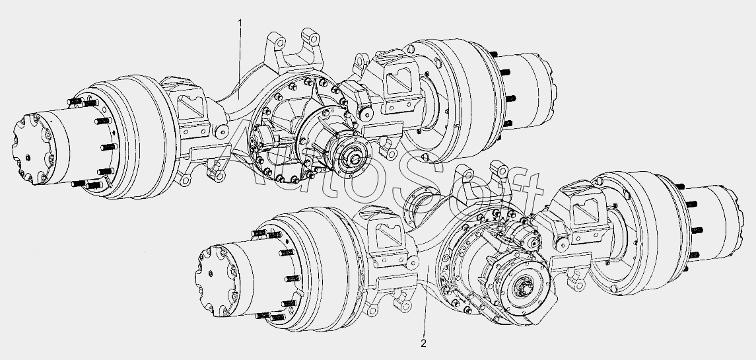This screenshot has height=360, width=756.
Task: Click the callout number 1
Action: click(x=240, y=22)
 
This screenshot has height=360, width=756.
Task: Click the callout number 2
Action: click(x=423, y=343)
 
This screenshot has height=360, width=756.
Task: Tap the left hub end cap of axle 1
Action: click(x=32, y=149)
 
